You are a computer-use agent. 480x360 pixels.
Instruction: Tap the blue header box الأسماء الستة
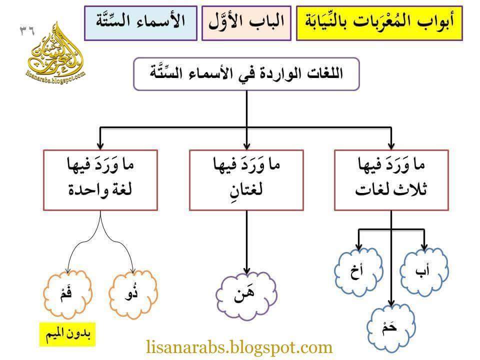tap(140, 22)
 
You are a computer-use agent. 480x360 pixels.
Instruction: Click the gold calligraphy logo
tap(56, 52)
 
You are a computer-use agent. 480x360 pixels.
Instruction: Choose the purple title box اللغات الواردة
tap(246, 73)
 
